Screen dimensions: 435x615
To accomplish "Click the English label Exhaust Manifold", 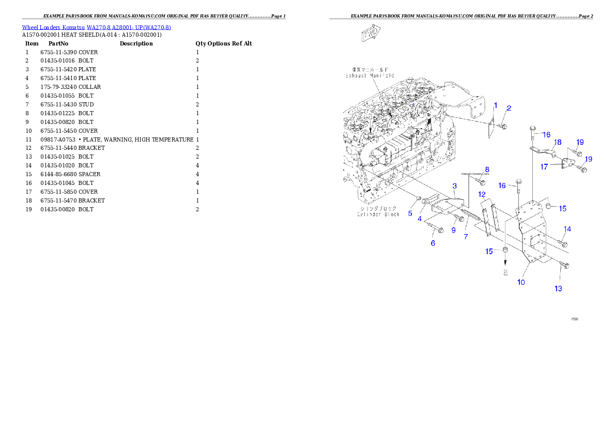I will (x=370, y=75).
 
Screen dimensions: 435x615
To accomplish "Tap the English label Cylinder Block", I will (x=378, y=214).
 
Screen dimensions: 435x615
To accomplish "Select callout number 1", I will (x=495, y=105).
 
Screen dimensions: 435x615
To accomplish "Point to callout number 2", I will (x=509, y=108).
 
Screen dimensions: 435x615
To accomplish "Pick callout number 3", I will (x=455, y=185).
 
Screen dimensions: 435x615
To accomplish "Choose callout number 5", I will (x=410, y=213).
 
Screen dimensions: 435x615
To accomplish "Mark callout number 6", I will (x=433, y=243).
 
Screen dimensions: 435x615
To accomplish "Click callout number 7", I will (x=466, y=237).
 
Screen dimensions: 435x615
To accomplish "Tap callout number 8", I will (x=487, y=169).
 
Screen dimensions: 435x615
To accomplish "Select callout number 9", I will (x=453, y=230).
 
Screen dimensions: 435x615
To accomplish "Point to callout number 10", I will (x=521, y=282).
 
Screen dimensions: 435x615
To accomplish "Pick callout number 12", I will (x=482, y=194).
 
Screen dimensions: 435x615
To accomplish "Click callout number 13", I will (x=558, y=288).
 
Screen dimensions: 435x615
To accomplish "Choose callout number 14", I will (x=567, y=229).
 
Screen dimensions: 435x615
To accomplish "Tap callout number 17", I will (x=544, y=167).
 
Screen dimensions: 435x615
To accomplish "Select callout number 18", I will (x=558, y=142).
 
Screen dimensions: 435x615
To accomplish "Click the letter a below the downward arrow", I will (x=506, y=273).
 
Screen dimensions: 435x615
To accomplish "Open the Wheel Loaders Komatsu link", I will (x=96, y=27).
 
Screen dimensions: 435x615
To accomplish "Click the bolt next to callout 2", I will (x=504, y=126).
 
